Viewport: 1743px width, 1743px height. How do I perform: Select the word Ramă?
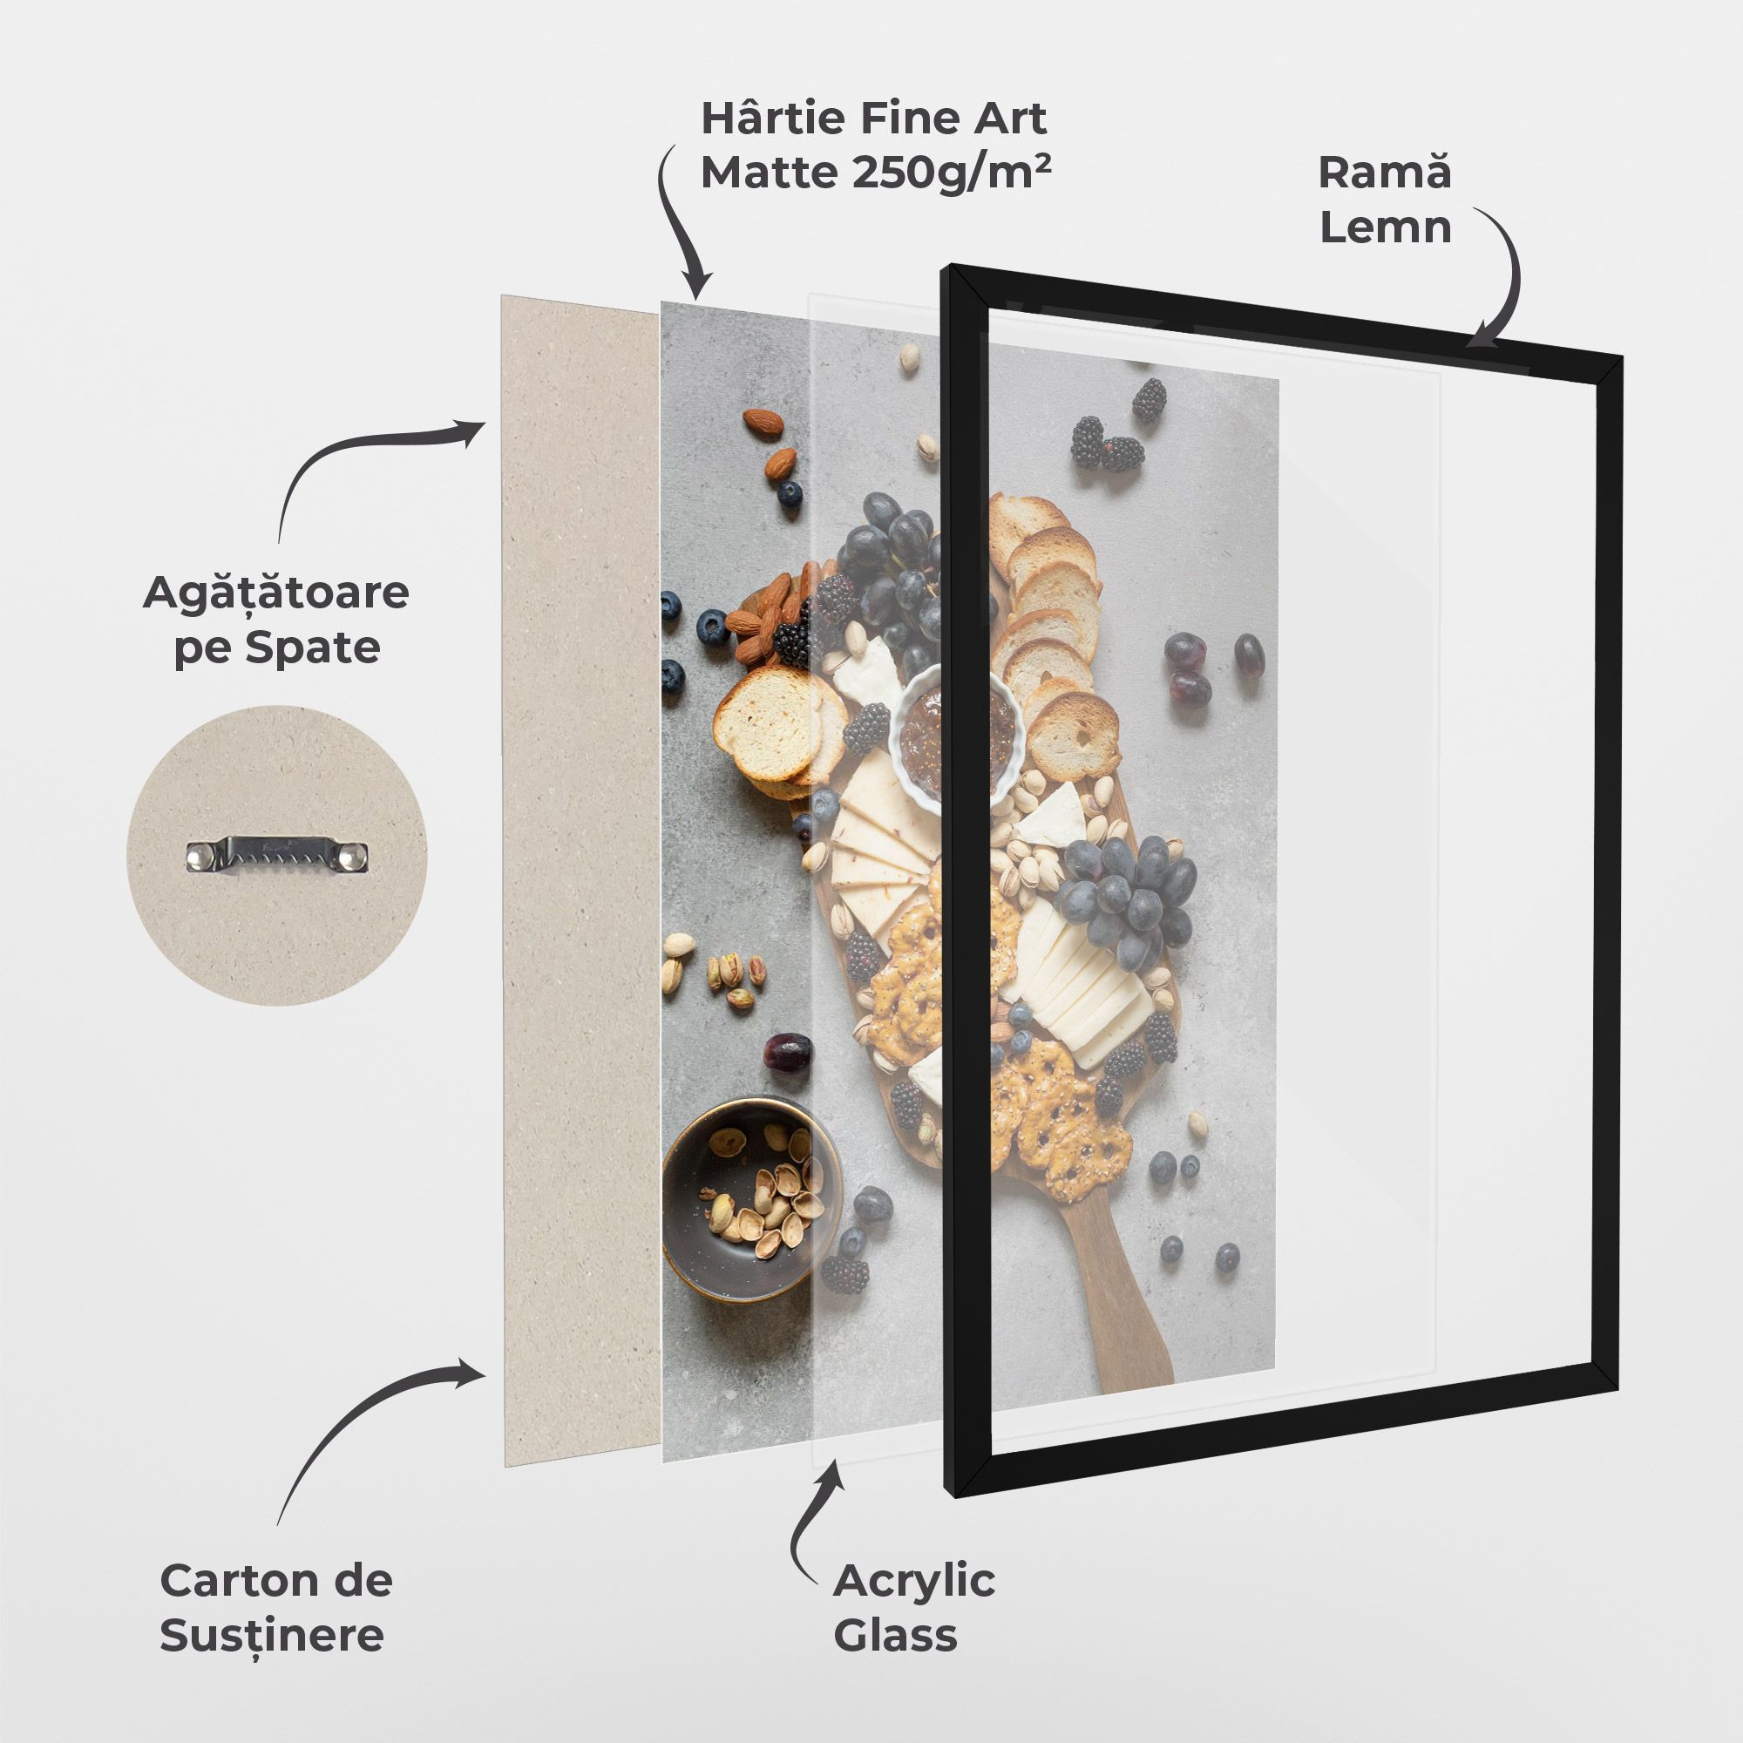[x=1385, y=173]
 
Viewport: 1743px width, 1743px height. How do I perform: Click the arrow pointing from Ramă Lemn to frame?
[x=1502, y=280]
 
